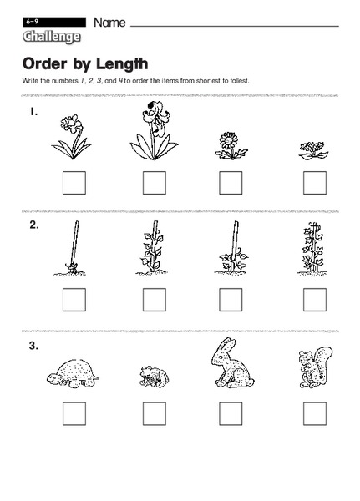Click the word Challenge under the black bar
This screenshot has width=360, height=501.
coord(52,37)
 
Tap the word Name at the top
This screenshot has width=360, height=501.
coord(109,23)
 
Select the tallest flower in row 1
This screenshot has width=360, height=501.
coord(154,130)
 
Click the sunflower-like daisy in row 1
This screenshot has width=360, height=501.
coord(231,145)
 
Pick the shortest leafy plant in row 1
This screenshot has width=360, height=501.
coord(313,150)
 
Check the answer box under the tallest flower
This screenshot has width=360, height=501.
coord(155,183)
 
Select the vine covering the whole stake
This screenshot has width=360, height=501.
coord(312,248)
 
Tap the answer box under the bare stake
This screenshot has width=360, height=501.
coord(74,300)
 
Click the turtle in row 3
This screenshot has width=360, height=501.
coord(73,373)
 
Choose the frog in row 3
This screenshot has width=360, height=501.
coord(155,377)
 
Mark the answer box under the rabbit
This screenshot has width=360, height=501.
coord(231,414)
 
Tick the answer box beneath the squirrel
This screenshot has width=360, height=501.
coord(315,414)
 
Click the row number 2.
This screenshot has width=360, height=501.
coord(34,225)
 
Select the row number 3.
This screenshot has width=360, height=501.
coord(33,346)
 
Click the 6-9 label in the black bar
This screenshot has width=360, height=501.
coord(33,22)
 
